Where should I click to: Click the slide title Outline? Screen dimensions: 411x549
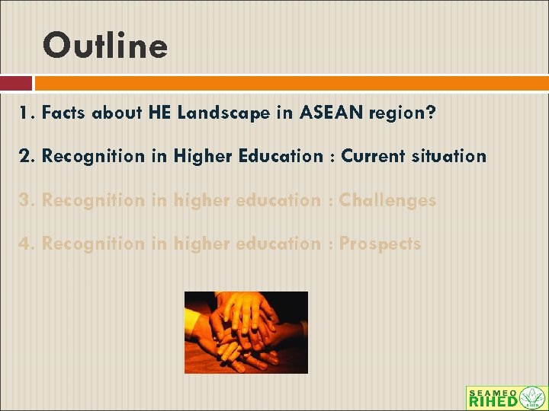coord(105,46)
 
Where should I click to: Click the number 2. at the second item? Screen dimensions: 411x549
coord(27,157)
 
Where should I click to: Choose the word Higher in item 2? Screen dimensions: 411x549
coord(199,157)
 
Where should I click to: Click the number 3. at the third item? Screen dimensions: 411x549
coord(27,200)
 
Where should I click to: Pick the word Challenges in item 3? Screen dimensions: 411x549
coord(387,200)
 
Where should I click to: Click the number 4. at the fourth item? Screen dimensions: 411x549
coord(27,244)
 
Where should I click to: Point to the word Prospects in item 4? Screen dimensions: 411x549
coord(380,244)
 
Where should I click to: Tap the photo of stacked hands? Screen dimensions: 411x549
coord(246,332)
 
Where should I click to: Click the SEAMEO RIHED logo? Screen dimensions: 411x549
coord(506,398)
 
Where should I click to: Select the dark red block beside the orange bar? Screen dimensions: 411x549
coord(15,83)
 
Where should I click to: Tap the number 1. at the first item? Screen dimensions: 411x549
coord(27,113)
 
